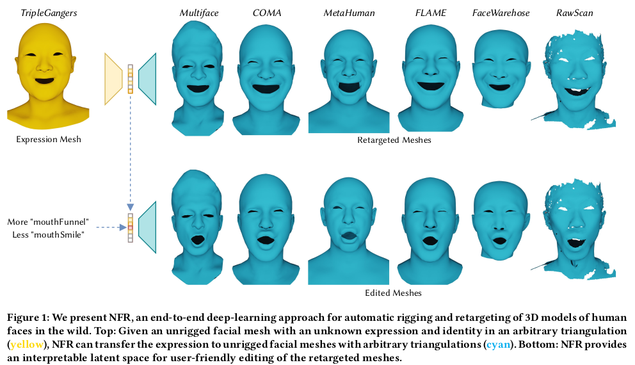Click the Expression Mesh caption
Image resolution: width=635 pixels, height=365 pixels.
pyautogui.click(x=49, y=140)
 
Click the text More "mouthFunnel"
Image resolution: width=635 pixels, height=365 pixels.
pyautogui.click(x=48, y=222)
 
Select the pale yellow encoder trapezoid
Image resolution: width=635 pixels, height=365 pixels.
pyautogui.click(x=113, y=78)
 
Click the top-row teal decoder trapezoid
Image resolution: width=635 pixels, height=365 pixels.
pyautogui.click(x=148, y=78)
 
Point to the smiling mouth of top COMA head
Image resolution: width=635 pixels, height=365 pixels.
pyautogui.click(x=269, y=88)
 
